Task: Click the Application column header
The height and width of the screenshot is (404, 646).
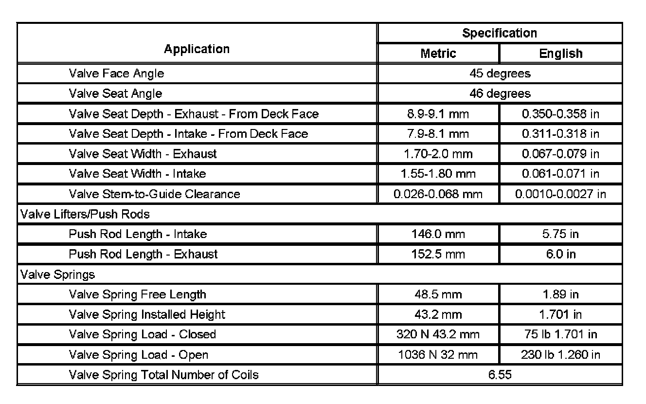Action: coord(197,49)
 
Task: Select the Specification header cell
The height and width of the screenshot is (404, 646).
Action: coord(500,33)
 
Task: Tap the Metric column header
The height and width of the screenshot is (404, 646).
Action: coord(438,54)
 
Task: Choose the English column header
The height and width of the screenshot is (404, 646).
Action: coord(560,54)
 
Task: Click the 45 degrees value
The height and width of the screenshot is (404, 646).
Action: coord(500,73)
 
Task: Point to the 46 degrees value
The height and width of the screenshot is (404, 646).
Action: coord(500,93)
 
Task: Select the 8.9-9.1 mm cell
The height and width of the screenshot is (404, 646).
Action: coord(438,114)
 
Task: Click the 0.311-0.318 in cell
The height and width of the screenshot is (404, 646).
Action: coord(560,134)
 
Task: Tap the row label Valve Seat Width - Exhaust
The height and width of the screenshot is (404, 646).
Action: coord(143,154)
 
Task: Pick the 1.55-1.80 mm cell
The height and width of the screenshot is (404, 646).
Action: coord(438,174)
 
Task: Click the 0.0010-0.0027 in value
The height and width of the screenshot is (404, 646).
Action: coord(560,194)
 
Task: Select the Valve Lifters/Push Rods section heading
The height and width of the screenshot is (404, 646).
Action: coord(84,214)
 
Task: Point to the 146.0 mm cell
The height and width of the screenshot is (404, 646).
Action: coord(438,234)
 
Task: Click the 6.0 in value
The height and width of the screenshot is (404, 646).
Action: coord(560,254)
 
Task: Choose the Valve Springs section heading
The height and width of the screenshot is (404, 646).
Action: coord(57,275)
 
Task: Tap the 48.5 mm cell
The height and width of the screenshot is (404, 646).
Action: coord(438,294)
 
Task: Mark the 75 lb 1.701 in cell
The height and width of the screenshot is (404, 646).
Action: coord(560,334)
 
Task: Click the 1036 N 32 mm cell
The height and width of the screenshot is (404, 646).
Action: coord(438,355)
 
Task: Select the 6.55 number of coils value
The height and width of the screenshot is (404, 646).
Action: coord(500,375)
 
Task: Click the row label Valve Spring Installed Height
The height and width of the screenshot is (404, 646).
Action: coord(147,314)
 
